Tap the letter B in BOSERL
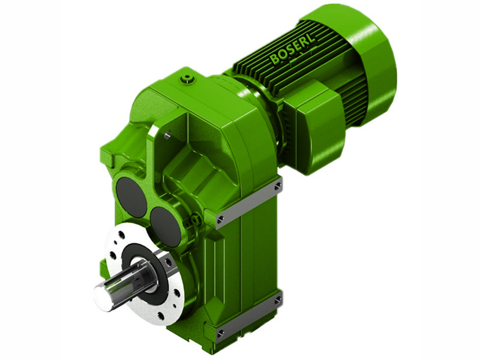pyautogui.click(x=275, y=60)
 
